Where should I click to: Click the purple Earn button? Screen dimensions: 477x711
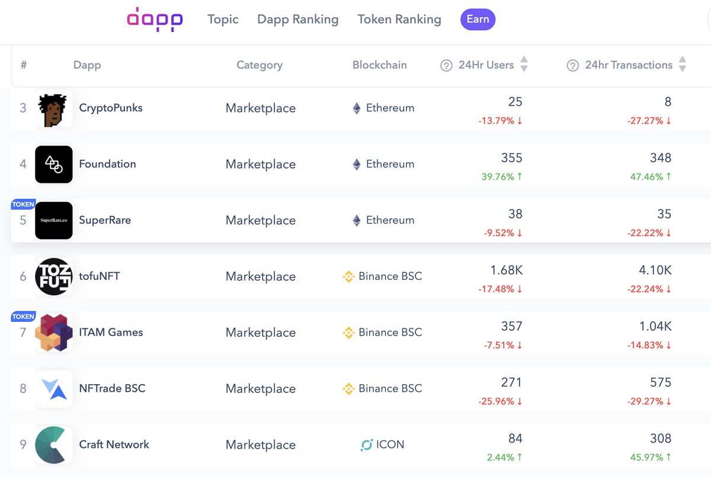pos(478,20)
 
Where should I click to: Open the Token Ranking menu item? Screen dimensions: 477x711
pos(399,20)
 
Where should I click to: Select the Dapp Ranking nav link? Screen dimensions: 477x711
pos(297,20)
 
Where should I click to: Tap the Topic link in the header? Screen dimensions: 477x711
pos(223,20)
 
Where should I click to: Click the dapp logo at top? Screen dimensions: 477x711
pos(155,20)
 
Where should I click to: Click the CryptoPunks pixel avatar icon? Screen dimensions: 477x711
pos(54,108)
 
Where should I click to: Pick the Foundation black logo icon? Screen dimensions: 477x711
pos(54,164)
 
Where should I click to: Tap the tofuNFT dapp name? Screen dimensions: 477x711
pos(100,276)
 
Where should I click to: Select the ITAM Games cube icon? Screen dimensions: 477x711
pos(54,333)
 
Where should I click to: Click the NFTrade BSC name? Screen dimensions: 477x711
pos(112,388)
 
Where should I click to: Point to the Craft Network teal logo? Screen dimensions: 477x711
pos(54,444)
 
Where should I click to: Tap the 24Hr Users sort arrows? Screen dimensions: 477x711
pos(524,65)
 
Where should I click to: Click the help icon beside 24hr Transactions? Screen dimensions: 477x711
pos(572,66)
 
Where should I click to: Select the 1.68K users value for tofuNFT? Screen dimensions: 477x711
pos(506,270)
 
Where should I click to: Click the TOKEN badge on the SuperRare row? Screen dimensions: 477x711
pos(23,204)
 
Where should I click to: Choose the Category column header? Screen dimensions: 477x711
pos(260,65)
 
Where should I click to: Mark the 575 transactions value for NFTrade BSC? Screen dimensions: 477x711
pos(660,382)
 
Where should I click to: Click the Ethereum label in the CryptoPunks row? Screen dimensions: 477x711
pos(390,108)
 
